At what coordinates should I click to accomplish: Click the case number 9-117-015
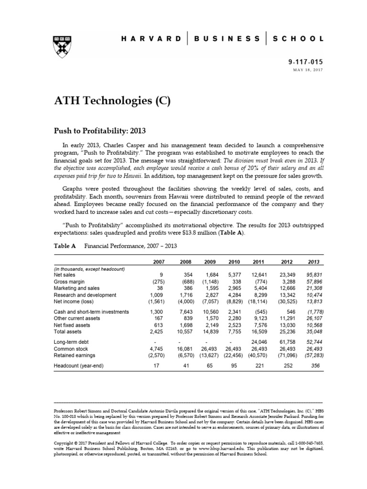click(x=306, y=63)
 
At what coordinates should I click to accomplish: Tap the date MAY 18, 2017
click(x=308, y=71)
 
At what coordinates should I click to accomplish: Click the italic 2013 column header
click(x=314, y=262)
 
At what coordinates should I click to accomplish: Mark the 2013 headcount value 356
click(x=316, y=366)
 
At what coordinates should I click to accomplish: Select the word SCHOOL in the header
click(x=299, y=38)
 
